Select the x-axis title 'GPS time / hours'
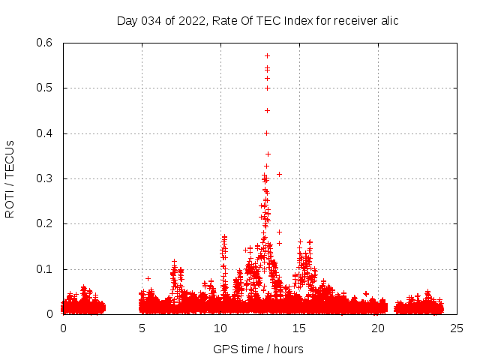coord(258,349)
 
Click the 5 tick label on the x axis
coord(142,328)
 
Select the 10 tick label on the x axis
coord(220,328)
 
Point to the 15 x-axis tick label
coord(299,328)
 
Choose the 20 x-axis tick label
coord(378,328)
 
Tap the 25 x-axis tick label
coord(457,328)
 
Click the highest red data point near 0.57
coord(267,55)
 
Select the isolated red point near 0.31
coord(279,174)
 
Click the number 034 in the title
coord(149,20)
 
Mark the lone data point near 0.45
coord(267,110)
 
